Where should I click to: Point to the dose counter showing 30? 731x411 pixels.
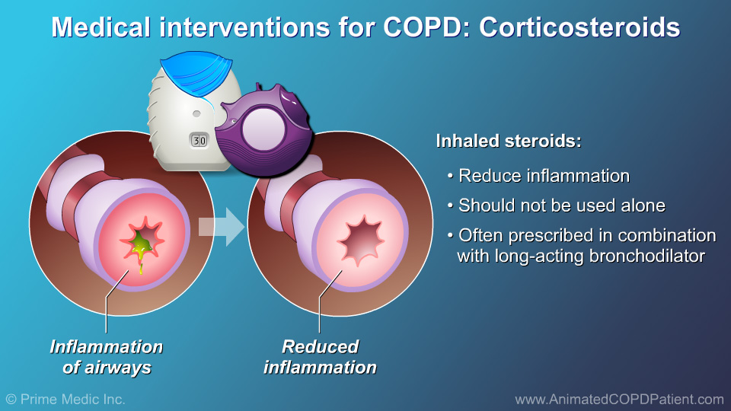[x=198, y=142]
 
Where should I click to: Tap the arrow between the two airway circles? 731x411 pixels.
[x=222, y=228]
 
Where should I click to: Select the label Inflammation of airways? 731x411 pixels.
[x=106, y=357]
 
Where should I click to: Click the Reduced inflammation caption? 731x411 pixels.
[x=320, y=357]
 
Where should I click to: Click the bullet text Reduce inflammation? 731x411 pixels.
[x=544, y=176]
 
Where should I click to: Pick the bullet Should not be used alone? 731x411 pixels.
[x=561, y=205]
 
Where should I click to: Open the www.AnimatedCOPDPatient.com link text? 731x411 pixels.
[x=618, y=399]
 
